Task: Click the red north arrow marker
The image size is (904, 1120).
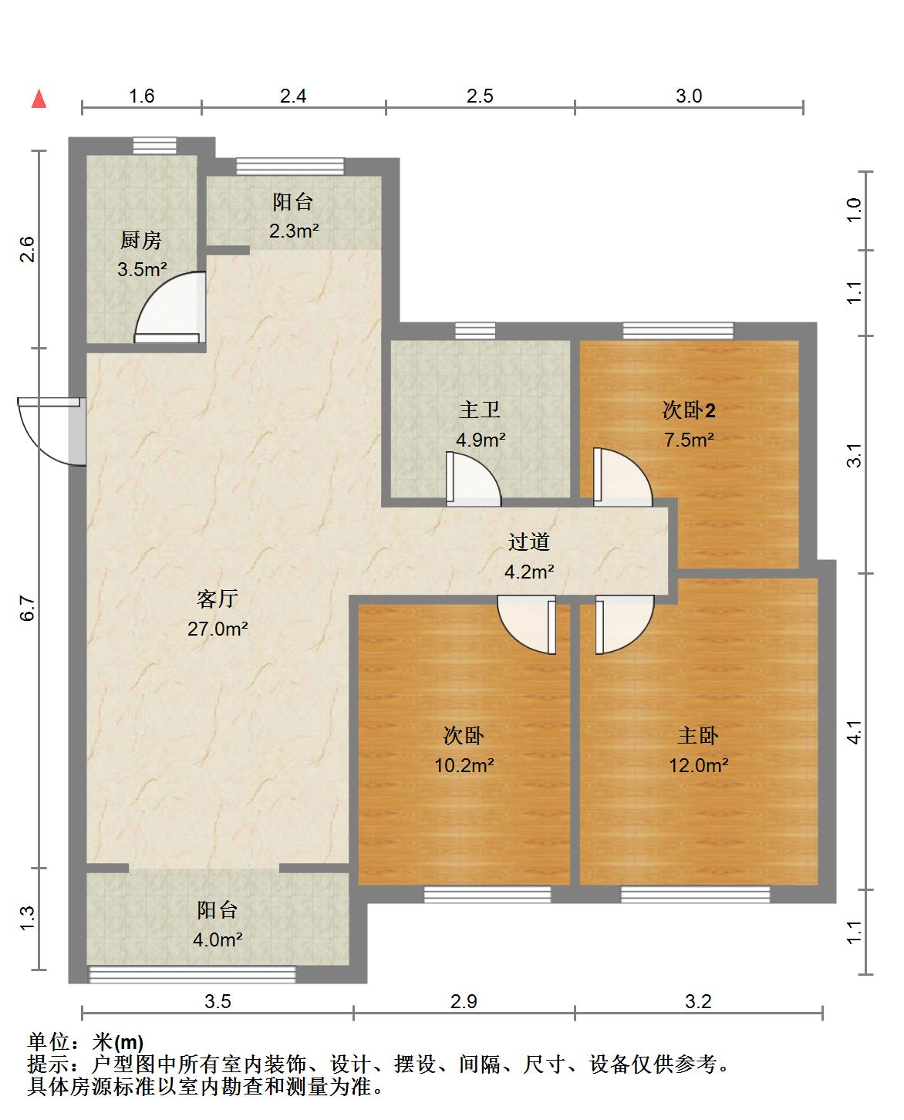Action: (39, 99)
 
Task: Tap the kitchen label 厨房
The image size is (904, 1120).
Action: (140, 241)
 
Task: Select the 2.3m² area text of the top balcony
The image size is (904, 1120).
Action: (294, 231)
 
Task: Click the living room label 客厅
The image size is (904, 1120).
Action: (218, 599)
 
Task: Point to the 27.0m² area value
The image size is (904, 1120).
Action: (218, 629)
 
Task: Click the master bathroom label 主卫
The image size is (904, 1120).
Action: (479, 410)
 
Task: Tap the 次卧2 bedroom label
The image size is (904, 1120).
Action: (688, 410)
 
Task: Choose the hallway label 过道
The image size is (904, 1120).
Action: (528, 541)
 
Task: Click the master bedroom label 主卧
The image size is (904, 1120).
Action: (697, 736)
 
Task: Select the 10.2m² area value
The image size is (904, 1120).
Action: (464, 765)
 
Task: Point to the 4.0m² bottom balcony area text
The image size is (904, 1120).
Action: (218, 939)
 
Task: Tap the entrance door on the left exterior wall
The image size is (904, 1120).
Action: (51, 431)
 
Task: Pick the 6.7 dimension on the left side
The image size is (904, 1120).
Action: (27, 608)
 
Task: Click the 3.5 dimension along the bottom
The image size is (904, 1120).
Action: (218, 1001)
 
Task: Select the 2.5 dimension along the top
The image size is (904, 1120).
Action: (480, 96)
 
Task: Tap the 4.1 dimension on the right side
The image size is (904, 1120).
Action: (854, 732)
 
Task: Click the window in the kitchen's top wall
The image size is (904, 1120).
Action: (154, 146)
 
